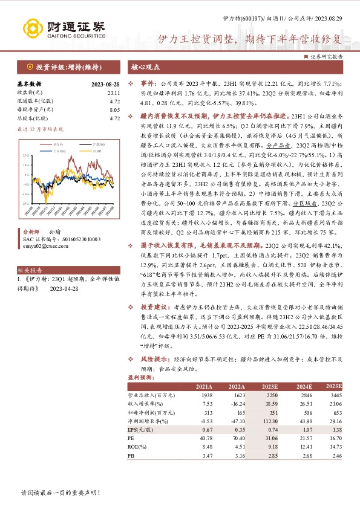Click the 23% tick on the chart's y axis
click(25, 156)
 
